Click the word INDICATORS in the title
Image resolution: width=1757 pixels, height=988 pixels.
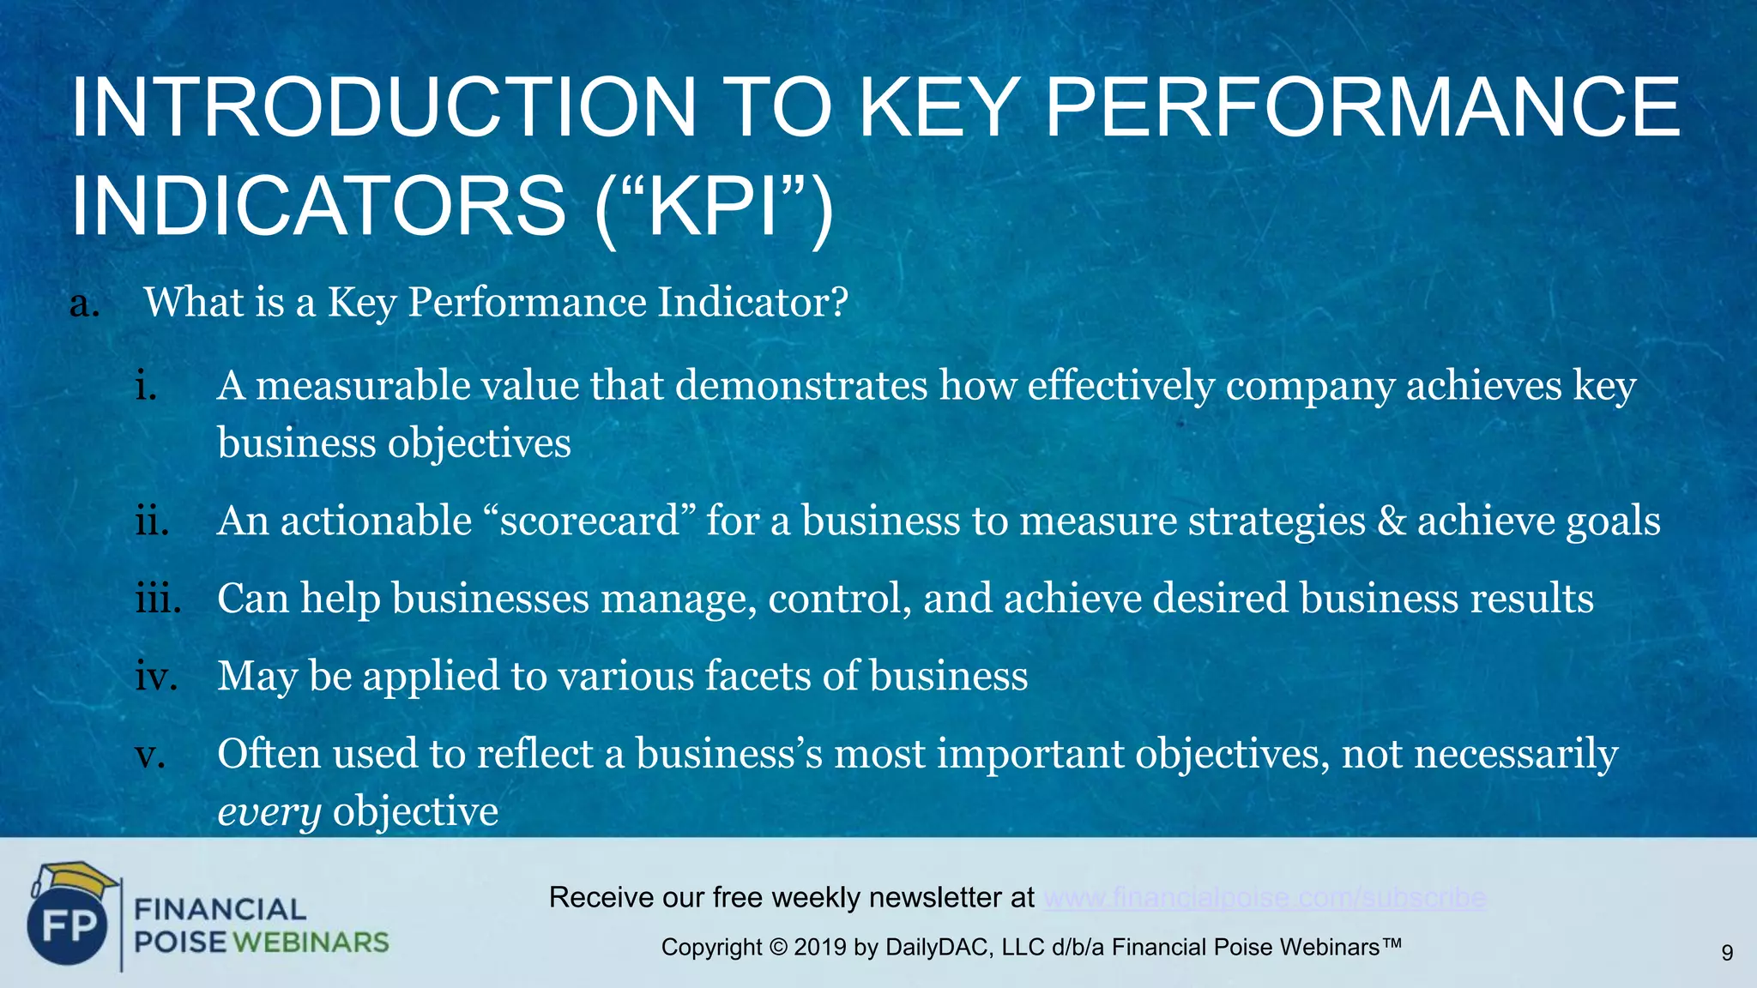[x=317, y=207]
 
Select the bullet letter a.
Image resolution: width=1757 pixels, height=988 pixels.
[x=84, y=303]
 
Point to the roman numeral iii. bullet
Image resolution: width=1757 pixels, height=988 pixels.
[x=158, y=598]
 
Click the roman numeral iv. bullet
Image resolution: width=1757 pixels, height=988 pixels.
[x=156, y=676]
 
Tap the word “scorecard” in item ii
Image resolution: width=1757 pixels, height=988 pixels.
[x=589, y=521]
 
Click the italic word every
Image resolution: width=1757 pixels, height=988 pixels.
[x=269, y=811]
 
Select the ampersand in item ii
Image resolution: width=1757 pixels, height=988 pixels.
[x=1391, y=521]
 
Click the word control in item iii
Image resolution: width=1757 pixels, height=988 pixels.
[x=839, y=599]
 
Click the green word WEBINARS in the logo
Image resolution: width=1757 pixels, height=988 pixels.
[x=311, y=943]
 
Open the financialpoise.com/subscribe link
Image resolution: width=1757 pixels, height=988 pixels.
[x=1265, y=898]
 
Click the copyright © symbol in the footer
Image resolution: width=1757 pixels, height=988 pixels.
[x=777, y=948]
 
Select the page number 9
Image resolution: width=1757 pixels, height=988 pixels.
[x=1727, y=952]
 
